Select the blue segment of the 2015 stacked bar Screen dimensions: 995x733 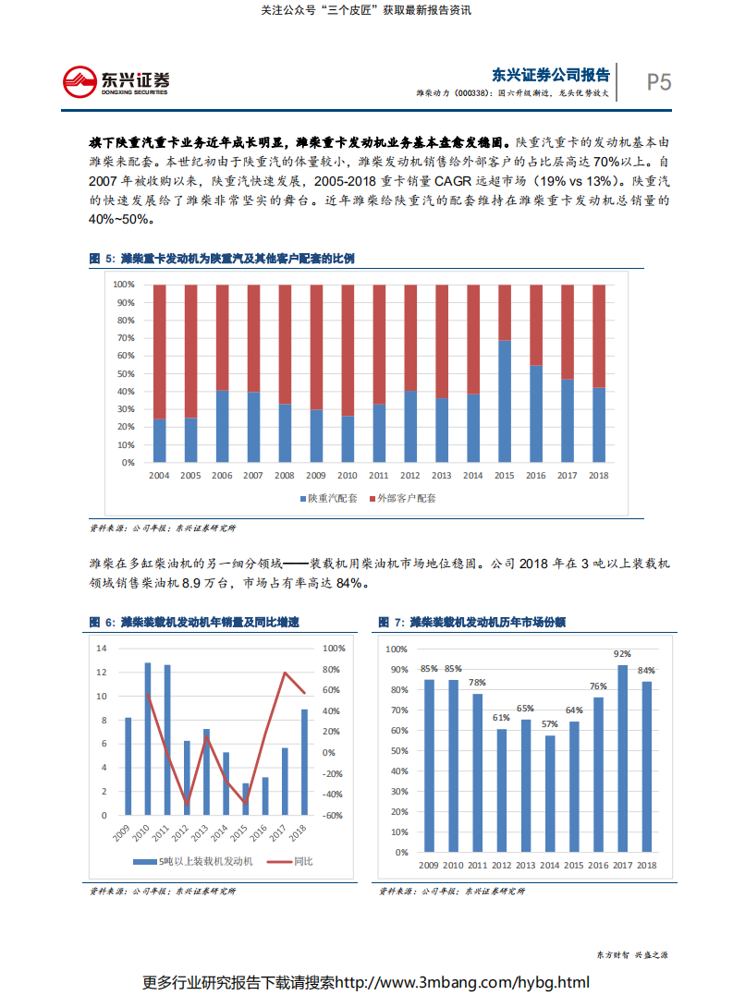[505, 401]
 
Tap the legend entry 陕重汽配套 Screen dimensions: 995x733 [328, 498]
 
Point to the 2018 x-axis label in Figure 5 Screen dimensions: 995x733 [599, 475]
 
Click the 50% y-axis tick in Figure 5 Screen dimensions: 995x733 [125, 373]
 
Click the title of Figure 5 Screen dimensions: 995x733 [222, 259]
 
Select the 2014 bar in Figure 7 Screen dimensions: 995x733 [550, 794]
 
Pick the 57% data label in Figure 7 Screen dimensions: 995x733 [550, 724]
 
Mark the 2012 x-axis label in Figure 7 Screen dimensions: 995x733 [501, 865]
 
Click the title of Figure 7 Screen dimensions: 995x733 [476, 623]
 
